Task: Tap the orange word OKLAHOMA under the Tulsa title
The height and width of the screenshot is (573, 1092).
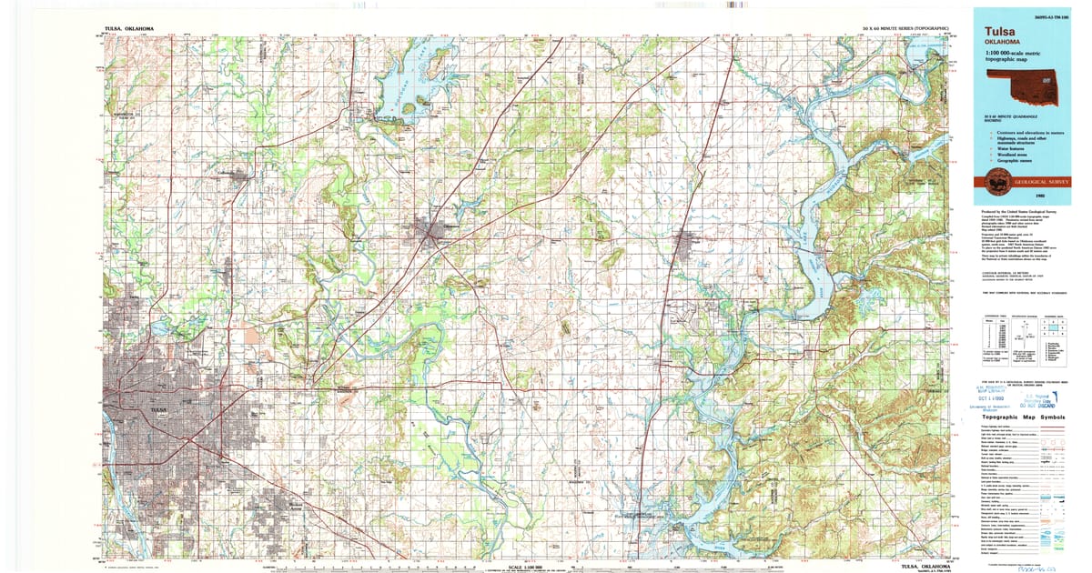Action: click(x=1000, y=43)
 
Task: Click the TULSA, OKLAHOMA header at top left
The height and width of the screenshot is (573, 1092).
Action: click(x=128, y=29)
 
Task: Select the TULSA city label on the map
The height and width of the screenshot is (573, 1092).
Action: click(x=160, y=410)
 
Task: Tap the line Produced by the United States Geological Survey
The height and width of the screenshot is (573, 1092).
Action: click(x=1013, y=209)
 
